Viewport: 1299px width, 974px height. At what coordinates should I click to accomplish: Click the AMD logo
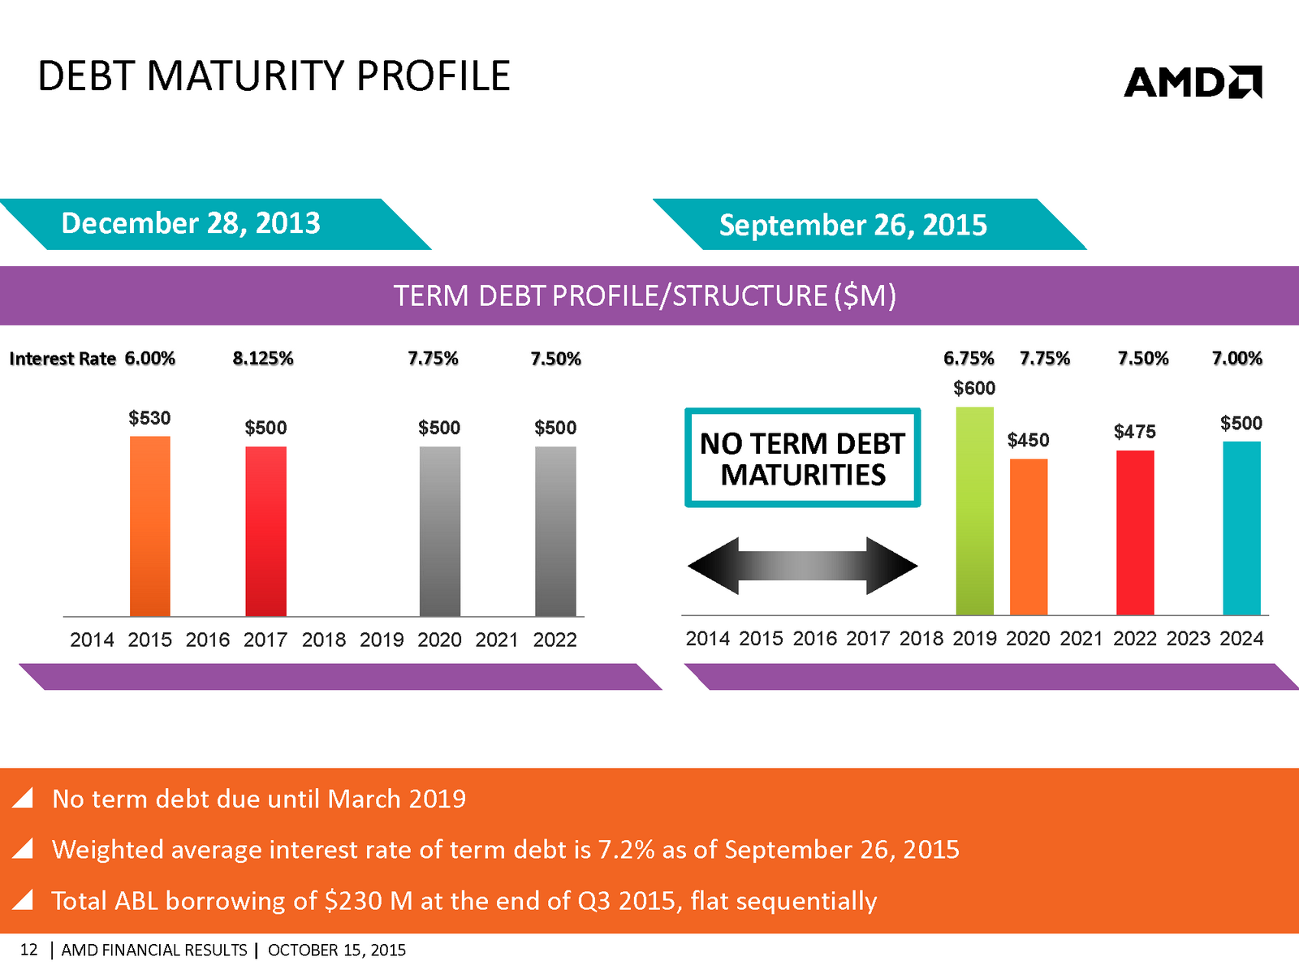point(1193,82)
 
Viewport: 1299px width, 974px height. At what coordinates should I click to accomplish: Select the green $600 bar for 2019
point(974,511)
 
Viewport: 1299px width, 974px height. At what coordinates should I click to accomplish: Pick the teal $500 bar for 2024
point(1241,528)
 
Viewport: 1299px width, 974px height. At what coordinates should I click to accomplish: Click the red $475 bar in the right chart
point(1135,532)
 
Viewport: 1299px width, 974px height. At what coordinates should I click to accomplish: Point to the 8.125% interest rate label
point(263,359)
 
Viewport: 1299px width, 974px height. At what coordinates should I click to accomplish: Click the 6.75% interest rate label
point(969,359)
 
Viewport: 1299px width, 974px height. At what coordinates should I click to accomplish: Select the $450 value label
point(1028,441)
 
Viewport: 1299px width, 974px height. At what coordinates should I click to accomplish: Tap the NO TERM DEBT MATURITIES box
point(802,459)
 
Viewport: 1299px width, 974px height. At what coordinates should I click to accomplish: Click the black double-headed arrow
point(802,566)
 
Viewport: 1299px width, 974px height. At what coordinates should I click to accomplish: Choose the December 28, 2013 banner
point(192,223)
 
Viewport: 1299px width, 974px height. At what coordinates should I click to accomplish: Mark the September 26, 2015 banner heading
point(853,225)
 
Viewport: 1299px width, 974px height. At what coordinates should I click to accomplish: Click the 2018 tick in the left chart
point(324,640)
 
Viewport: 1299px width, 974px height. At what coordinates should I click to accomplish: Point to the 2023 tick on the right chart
point(1188,639)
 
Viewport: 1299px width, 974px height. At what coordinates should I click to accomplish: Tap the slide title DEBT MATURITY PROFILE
point(274,76)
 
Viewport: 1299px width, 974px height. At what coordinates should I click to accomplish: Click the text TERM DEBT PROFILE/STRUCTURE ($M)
point(645,295)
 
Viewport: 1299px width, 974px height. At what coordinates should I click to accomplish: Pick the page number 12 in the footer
point(28,950)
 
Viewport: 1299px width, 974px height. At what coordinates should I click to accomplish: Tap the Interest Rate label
point(63,359)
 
